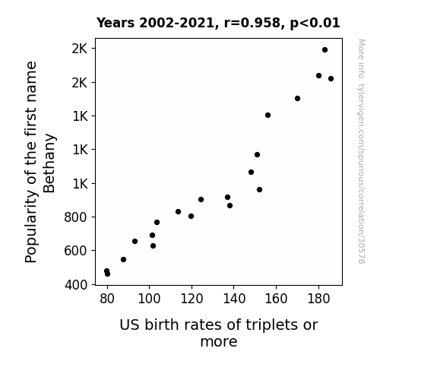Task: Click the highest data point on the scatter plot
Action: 325,50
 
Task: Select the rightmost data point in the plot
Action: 331,78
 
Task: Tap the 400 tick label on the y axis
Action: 76,285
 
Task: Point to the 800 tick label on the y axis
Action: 76,217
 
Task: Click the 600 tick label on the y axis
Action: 76,251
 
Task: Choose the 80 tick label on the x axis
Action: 107,299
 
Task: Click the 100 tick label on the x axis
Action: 149,299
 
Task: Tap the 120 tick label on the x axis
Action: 192,299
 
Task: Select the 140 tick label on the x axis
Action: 234,299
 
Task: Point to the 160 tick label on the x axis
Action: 276,299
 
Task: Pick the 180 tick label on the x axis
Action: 318,299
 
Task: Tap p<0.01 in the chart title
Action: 315,24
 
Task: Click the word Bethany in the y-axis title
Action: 49,163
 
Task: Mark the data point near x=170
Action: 297,98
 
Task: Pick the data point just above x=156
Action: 268,116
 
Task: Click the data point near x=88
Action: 123,260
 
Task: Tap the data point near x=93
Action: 135,241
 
